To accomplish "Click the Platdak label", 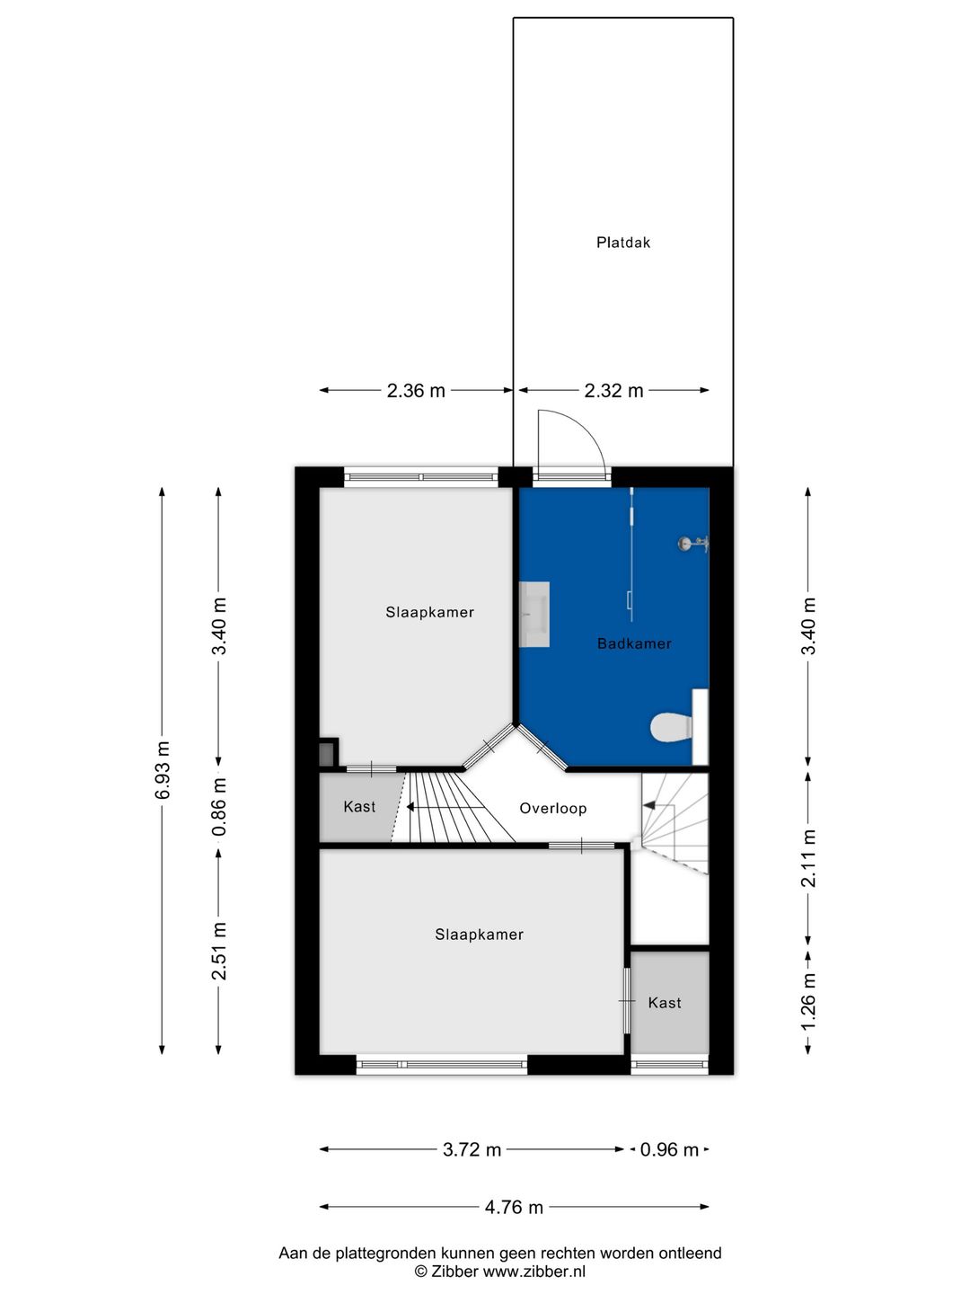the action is [x=622, y=243].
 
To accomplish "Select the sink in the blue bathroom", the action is [x=534, y=615].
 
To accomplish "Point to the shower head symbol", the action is [x=692, y=544].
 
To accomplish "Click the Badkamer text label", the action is [x=634, y=643].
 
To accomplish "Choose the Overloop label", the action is [x=553, y=808].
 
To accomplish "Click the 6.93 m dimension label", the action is [x=162, y=770].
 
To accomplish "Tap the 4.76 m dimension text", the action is [x=514, y=1208].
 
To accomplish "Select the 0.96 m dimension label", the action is [x=669, y=1149].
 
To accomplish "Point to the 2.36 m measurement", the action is [x=416, y=390].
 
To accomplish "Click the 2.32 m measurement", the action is [x=613, y=390].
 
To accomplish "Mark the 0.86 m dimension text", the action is [x=219, y=806].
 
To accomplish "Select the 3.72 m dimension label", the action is [x=472, y=1149].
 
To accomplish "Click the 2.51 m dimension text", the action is [x=219, y=951].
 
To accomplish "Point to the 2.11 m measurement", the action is [x=808, y=858].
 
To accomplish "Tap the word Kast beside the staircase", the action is [x=359, y=806].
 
